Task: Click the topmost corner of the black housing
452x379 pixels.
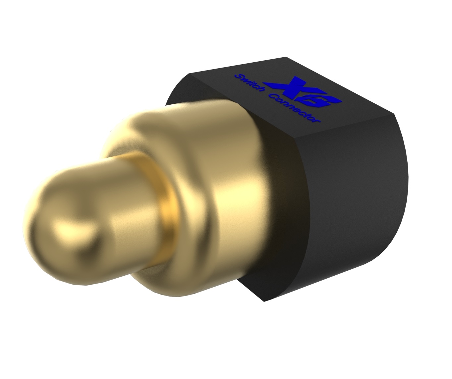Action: coord(286,58)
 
